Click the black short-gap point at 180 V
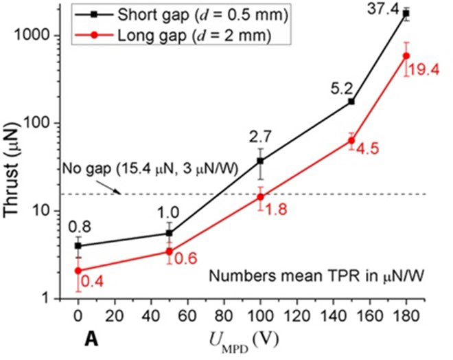406,13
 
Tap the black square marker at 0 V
78,245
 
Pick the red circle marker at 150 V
351,141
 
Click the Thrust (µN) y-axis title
16,158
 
